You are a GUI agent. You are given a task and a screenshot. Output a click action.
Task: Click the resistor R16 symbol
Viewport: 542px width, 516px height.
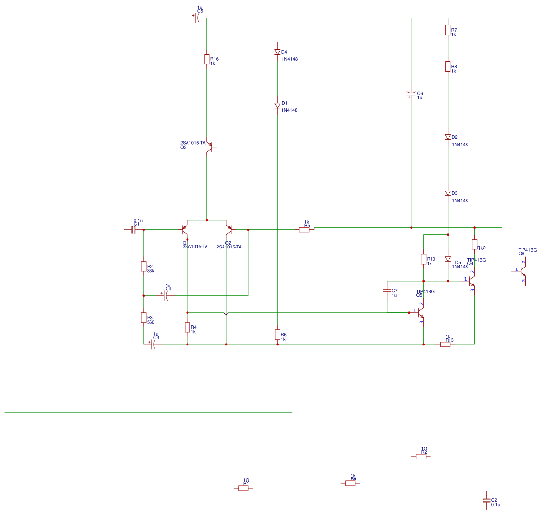tap(206, 59)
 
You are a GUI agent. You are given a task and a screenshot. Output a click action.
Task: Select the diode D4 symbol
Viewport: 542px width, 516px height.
tap(277, 52)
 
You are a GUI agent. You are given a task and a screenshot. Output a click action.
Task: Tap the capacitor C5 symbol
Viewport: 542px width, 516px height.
tap(198, 18)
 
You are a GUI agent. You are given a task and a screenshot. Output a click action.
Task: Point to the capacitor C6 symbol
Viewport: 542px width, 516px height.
tap(411, 93)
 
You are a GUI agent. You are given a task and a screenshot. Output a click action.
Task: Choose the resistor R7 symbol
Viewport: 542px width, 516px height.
tap(448, 30)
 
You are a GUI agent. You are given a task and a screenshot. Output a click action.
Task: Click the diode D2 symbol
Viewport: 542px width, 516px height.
tap(448, 137)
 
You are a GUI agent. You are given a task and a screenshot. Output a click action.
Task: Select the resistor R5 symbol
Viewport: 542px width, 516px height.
tap(304, 230)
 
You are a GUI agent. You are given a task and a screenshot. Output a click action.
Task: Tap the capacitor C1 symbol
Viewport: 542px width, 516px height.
tap(133, 230)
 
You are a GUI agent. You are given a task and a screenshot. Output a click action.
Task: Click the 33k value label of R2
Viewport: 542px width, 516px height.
tap(150, 271)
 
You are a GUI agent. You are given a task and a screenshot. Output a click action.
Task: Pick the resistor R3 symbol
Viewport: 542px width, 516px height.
tap(143, 318)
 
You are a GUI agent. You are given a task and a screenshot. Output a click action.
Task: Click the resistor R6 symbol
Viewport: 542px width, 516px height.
tap(277, 334)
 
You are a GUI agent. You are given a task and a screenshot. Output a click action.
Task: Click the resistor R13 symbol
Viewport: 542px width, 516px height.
tap(445, 344)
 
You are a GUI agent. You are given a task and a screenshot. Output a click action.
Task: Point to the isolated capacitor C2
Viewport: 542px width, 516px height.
tap(486, 500)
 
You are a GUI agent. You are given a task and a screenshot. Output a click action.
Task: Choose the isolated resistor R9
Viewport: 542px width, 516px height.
tap(351, 483)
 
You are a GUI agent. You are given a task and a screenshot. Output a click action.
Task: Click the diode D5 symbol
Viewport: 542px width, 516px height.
tap(448, 260)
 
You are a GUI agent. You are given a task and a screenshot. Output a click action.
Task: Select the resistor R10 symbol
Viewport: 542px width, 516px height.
tap(423, 259)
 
